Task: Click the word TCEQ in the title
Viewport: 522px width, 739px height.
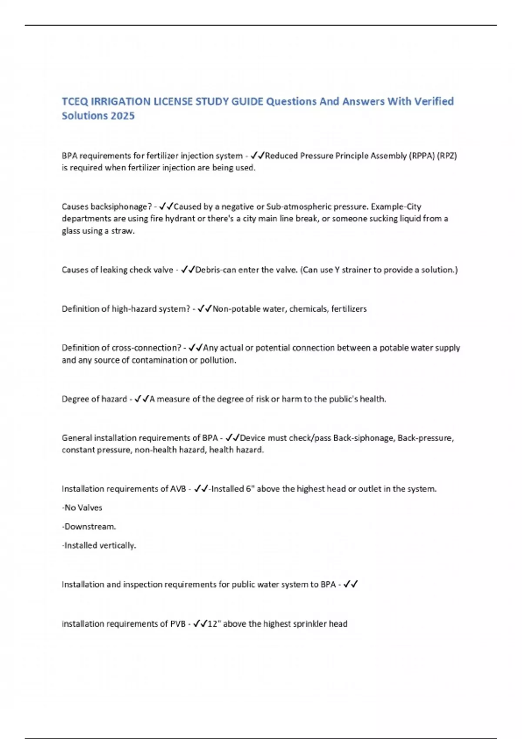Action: point(75,101)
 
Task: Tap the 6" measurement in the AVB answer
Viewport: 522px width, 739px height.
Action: point(250,489)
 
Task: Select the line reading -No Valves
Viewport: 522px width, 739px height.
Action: point(82,507)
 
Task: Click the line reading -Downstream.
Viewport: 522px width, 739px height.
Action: point(89,526)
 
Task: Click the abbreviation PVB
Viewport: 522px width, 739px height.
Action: point(178,624)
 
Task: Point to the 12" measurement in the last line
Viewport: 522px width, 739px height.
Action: point(214,624)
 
